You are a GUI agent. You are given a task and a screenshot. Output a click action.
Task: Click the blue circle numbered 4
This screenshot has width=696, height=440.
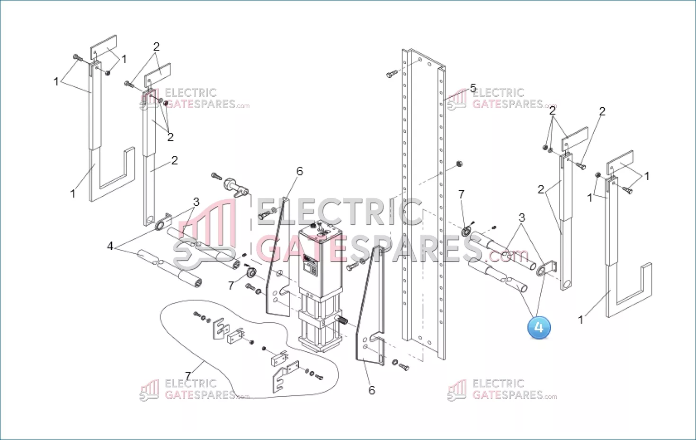point(539,327)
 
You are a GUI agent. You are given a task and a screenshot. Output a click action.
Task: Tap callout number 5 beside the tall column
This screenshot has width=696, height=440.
point(473,88)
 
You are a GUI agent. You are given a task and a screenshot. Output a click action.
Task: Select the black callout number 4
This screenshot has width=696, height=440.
point(110,246)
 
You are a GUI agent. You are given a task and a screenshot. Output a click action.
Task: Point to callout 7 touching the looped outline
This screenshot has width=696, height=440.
point(187,376)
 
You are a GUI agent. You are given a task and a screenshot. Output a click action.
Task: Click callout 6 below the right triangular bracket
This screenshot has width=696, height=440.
point(372,390)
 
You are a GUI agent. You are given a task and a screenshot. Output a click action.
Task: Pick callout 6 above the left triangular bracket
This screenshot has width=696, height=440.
point(300,171)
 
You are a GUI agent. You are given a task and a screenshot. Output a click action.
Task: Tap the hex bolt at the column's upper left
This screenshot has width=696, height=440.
point(392,74)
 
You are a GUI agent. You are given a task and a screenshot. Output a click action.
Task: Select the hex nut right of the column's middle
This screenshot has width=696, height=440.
point(459,164)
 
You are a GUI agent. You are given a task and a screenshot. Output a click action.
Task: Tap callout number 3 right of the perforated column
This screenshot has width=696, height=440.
point(522,218)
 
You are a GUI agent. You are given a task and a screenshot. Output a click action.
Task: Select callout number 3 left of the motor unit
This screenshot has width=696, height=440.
point(196,202)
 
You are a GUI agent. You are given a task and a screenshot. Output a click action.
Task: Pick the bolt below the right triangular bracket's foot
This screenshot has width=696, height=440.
point(404,367)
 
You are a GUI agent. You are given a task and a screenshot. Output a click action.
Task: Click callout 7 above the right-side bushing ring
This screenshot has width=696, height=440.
point(461,194)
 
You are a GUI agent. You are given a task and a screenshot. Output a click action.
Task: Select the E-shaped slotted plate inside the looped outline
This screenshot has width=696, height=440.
point(221,328)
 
